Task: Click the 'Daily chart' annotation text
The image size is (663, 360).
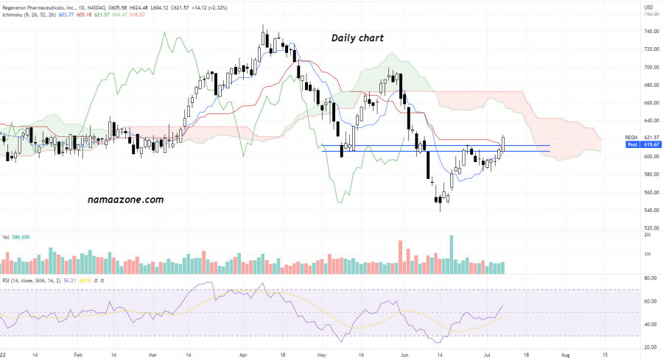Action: (x=357, y=38)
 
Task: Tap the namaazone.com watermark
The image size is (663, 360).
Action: (x=125, y=200)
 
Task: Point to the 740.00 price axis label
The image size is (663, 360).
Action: (x=631, y=32)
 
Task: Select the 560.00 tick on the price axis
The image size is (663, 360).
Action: (x=631, y=193)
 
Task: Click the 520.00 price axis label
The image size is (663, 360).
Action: (x=631, y=228)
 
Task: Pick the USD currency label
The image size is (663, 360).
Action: (x=628, y=7)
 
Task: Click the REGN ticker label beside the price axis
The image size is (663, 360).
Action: (x=631, y=138)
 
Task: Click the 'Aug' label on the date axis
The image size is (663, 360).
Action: (x=565, y=354)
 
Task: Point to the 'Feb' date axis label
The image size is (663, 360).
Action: (x=78, y=354)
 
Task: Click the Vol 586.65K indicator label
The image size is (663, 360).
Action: (x=17, y=238)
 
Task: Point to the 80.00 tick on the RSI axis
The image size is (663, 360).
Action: (x=631, y=279)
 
